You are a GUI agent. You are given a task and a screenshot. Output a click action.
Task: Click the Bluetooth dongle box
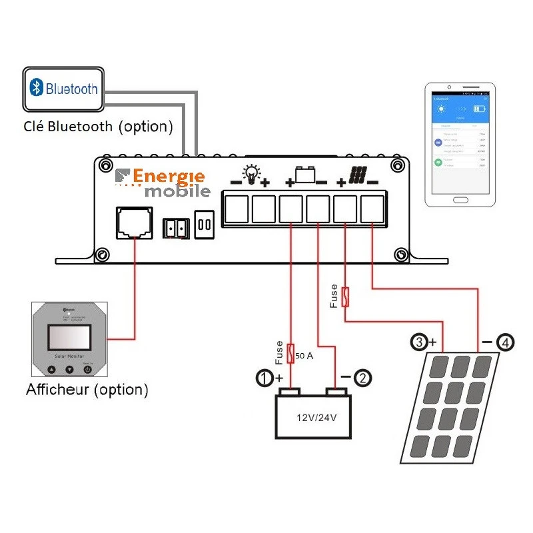[63, 89]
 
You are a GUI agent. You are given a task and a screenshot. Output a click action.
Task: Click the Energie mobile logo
[163, 183]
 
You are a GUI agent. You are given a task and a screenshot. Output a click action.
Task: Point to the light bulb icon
[251, 174]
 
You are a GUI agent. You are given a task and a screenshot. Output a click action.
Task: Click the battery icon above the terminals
[306, 175]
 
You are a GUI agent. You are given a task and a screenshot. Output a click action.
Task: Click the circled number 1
[265, 378]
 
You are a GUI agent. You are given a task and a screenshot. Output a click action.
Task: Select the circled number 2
[362, 378]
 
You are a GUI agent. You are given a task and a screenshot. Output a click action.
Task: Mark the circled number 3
[419, 342]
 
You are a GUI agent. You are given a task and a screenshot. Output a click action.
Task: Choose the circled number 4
[506, 343]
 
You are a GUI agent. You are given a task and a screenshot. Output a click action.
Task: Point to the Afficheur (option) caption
[87, 390]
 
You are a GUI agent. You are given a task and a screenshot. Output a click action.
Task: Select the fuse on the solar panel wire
[344, 296]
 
